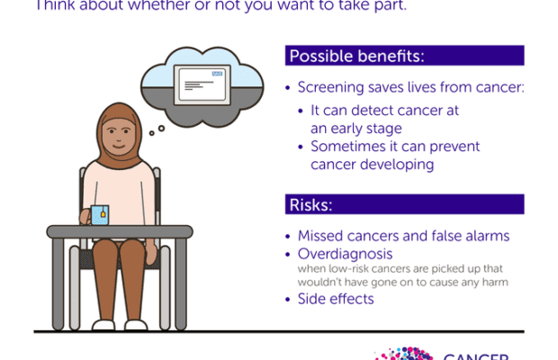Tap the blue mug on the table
[x=99, y=214]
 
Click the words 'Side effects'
[x=336, y=299]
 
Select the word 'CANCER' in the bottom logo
[x=477, y=355]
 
